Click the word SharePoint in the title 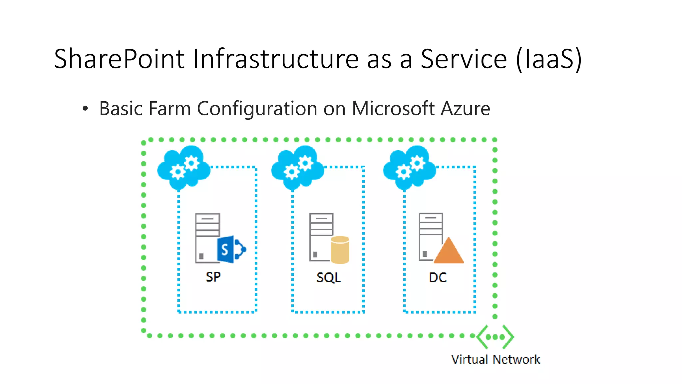pos(119,59)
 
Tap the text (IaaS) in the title pos(548,59)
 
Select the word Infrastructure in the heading pos(275,59)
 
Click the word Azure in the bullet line pos(465,109)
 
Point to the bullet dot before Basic pos(85,109)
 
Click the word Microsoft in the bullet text pos(393,109)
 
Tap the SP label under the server pos(213,277)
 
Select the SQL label pos(328,277)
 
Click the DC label pos(438,277)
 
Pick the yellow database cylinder pos(340,250)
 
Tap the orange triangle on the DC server pos(449,252)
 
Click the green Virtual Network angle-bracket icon pos(495,337)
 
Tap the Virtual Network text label pos(495,360)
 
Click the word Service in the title pos(464,59)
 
